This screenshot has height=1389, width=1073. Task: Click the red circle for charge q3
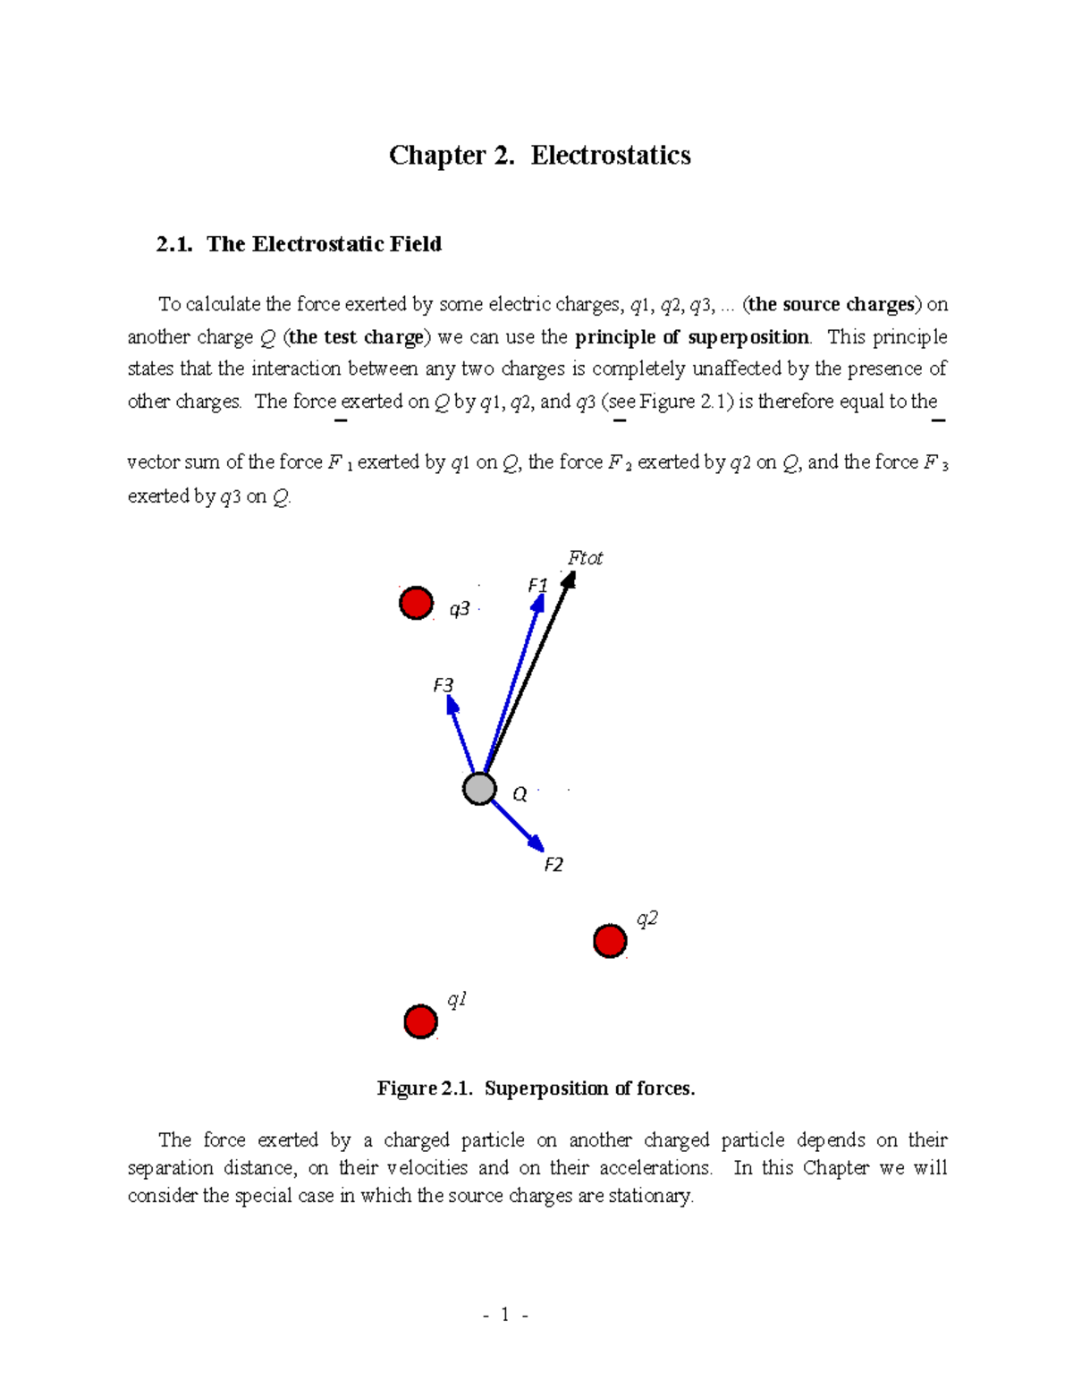416,603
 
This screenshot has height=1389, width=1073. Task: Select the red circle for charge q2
610,941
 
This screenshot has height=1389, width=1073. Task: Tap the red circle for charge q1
420,1021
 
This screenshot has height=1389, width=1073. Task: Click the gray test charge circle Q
479,789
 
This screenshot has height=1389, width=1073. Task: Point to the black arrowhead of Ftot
568,580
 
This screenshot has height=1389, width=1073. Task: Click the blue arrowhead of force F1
537,604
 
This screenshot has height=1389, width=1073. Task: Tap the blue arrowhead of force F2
536,843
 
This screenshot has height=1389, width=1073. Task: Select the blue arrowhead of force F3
452,707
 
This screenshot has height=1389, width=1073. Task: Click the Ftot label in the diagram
585,558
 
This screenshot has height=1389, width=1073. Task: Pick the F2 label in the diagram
553,865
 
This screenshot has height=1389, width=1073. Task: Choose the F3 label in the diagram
443,685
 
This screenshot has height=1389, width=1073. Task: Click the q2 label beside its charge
646,919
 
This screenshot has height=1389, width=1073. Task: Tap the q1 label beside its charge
456,1000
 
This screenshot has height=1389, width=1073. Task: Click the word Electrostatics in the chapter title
610,156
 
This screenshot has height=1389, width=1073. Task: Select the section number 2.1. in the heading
174,244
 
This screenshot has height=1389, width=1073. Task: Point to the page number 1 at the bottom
505,1314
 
